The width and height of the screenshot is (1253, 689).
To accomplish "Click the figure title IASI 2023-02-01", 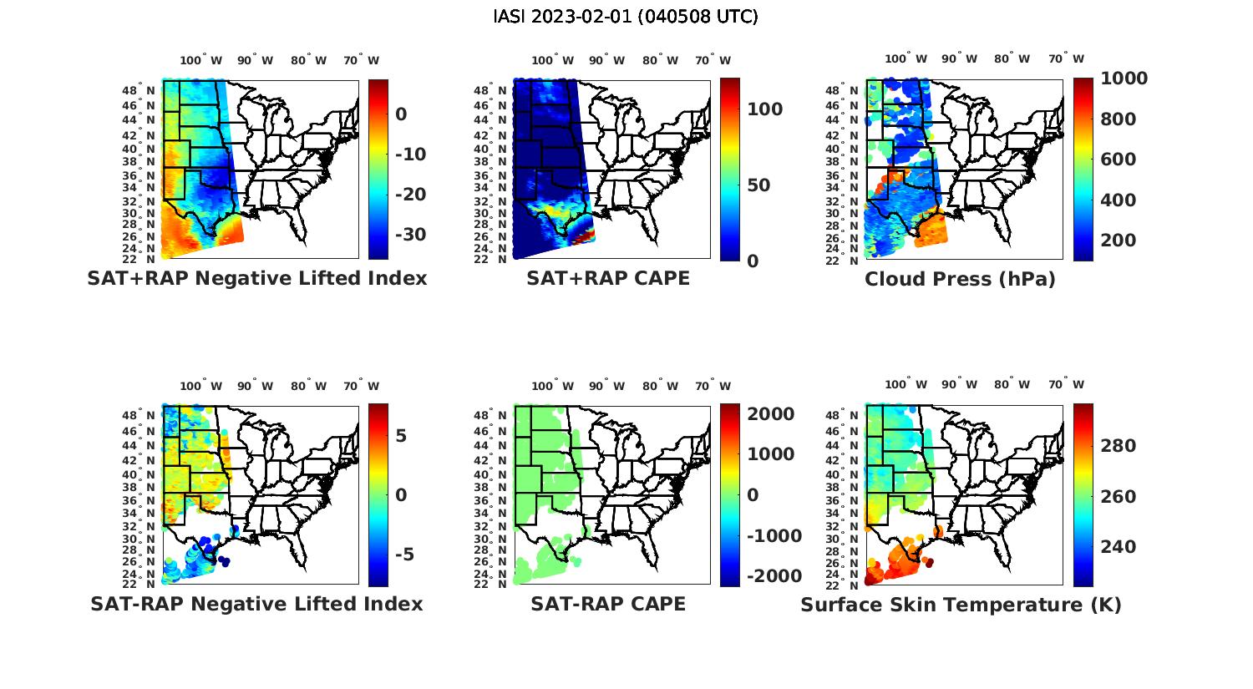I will click(x=626, y=17).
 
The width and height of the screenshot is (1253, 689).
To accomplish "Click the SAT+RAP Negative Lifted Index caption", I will click(x=257, y=279).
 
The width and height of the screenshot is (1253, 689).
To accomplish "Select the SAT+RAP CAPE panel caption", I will click(x=608, y=279).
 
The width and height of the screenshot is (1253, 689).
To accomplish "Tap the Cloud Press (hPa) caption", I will click(x=960, y=280).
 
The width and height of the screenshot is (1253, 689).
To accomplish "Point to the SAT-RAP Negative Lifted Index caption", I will click(x=257, y=604).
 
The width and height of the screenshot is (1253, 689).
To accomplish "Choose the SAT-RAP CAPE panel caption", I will click(x=608, y=604).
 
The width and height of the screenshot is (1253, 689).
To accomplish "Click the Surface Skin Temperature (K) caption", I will click(x=961, y=605).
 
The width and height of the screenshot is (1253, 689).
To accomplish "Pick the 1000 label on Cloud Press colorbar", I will click(x=1124, y=79).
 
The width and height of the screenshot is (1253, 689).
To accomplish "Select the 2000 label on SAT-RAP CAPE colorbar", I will click(x=771, y=414).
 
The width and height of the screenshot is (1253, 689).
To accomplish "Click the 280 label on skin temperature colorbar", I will click(x=1119, y=446).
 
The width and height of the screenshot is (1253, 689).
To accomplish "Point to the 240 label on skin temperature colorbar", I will click(x=1119, y=547).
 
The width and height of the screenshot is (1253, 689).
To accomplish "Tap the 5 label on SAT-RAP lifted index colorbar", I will click(x=401, y=436).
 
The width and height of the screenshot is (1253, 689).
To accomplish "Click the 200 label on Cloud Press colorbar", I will click(x=1119, y=241).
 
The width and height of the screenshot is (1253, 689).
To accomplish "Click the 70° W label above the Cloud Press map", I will click(x=1067, y=59).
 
